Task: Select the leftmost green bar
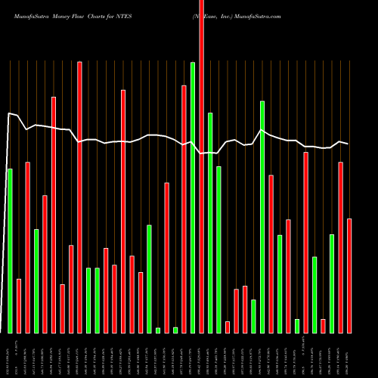tap(10, 250)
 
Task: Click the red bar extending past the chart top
tap(202, 166)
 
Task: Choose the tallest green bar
tap(193, 197)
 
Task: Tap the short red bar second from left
tap(19, 305)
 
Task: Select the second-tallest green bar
tap(262, 216)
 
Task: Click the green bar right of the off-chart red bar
tap(210, 222)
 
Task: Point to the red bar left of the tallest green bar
tap(184, 209)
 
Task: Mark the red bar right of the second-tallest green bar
tap(271, 253)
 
